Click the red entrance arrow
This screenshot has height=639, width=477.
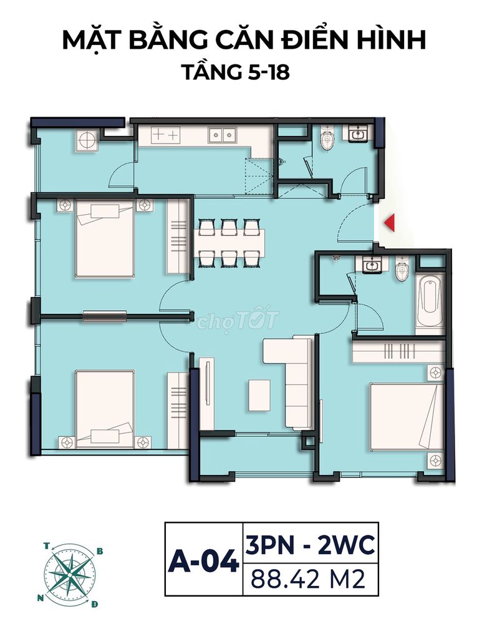point(390,223)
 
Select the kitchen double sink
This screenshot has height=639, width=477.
point(222,135)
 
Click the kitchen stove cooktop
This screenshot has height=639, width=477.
point(165,135)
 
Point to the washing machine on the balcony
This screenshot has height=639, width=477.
point(87,141)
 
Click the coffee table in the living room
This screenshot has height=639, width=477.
point(259,395)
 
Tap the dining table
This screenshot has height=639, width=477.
point(228,243)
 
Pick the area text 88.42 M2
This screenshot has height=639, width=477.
point(308,578)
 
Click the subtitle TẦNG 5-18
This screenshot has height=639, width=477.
point(236,72)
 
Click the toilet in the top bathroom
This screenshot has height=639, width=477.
point(327,138)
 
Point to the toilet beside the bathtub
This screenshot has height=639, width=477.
point(402,269)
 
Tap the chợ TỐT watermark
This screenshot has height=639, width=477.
point(238,321)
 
